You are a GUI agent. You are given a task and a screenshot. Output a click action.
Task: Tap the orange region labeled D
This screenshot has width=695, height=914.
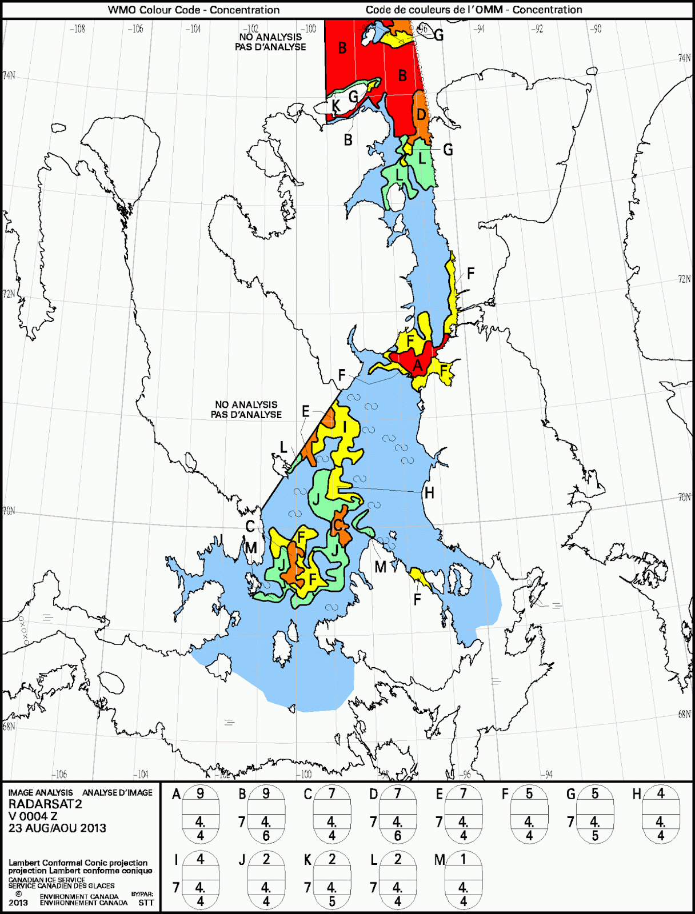[x=421, y=117]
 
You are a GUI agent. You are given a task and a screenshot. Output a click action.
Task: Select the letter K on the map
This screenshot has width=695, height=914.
[x=336, y=106]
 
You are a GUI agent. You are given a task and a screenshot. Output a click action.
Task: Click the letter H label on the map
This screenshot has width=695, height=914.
[x=429, y=493]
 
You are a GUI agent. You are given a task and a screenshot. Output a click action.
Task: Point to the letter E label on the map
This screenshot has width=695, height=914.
[x=306, y=411]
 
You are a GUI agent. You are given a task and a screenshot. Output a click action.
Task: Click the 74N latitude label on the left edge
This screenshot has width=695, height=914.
[x=9, y=75]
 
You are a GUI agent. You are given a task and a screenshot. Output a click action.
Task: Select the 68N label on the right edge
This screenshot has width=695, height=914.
[x=684, y=714]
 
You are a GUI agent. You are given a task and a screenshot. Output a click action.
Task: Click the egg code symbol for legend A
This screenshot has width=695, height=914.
[x=200, y=815]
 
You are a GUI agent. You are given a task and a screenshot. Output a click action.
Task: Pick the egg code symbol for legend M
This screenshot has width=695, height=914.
[x=463, y=880]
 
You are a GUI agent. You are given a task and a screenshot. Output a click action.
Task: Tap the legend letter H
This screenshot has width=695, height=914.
[x=637, y=794]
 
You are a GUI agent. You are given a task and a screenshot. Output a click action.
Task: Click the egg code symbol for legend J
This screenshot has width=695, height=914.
[x=266, y=880]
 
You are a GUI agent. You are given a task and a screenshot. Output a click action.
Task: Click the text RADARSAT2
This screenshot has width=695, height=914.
[x=45, y=804]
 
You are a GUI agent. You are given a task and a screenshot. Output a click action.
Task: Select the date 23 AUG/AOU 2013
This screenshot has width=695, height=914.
[x=57, y=828]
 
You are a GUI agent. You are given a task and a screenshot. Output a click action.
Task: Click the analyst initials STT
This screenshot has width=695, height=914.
[x=146, y=903]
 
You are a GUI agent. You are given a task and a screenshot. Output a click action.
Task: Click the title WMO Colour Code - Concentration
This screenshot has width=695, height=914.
[x=194, y=10]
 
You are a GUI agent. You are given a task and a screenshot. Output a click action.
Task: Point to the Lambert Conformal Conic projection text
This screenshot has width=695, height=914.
[x=78, y=863]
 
